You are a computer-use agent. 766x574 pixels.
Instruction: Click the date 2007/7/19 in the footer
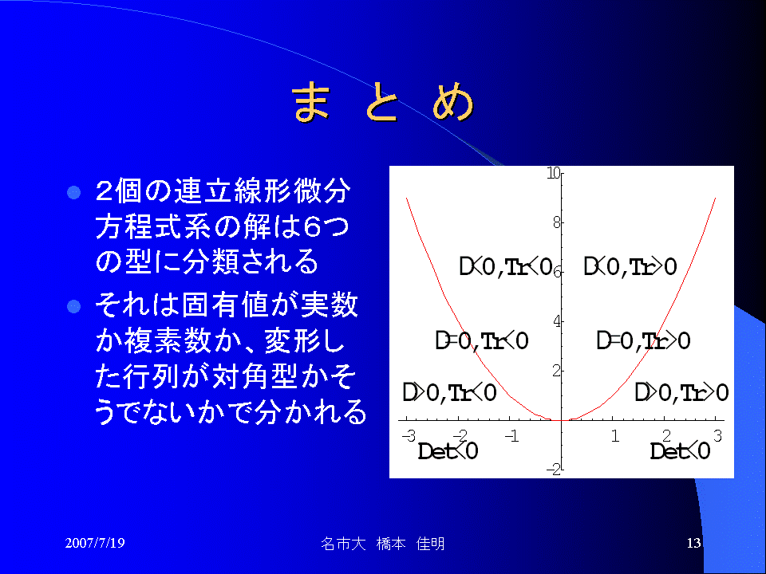pos(95,543)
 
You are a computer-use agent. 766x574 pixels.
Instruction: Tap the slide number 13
pos(693,543)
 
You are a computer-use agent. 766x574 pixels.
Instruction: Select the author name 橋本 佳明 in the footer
pos(410,544)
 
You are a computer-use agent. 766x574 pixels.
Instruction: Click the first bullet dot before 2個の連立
pos(73,192)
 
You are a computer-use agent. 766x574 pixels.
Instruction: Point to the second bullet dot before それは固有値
pos(73,306)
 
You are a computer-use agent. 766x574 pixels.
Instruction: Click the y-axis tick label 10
pos(554,173)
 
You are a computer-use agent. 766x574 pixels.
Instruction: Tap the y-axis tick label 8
pos(557,223)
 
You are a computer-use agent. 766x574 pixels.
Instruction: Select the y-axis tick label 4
pos(557,321)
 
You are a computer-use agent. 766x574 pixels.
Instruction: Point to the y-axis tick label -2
pos(554,470)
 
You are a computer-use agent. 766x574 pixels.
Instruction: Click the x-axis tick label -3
pos(409,435)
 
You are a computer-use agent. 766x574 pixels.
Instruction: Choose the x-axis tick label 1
pos(615,435)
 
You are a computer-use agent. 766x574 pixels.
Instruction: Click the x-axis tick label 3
pos(717,435)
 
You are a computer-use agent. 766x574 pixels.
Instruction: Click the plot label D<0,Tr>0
pos(630,266)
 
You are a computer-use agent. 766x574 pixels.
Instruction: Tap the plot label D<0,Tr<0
pos(506,266)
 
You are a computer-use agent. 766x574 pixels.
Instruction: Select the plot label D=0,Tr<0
pos(482,340)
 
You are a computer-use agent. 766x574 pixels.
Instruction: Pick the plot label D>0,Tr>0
pos(681,392)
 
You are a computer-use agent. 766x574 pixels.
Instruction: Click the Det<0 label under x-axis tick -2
pos(448,450)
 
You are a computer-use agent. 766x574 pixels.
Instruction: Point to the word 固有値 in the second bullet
pos(226,305)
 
